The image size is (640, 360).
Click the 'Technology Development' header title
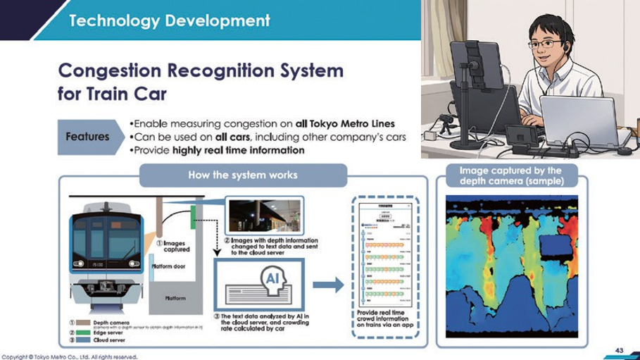pos(169,20)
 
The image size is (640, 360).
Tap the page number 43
pos(620,350)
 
